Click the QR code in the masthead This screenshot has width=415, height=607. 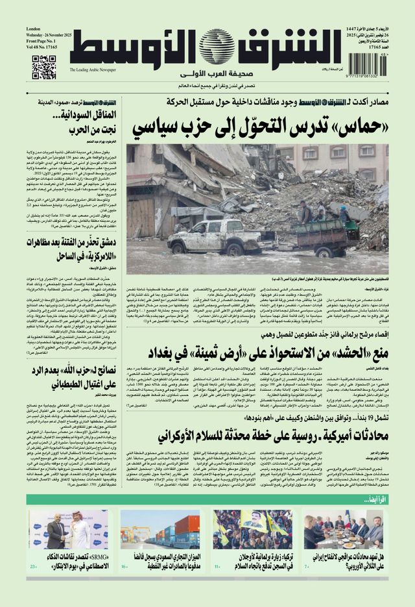click(x=44, y=68)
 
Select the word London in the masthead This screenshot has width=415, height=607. click(x=33, y=30)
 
